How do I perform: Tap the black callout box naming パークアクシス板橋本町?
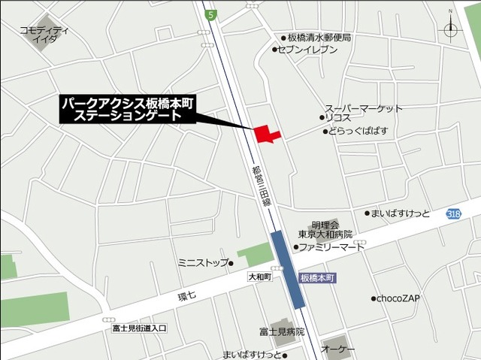[128, 110]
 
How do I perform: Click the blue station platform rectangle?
[288, 268]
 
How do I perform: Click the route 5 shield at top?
[212, 14]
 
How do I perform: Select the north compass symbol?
[451, 29]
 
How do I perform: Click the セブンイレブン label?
[307, 50]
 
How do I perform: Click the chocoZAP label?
[398, 298]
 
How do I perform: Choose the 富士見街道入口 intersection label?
[139, 328]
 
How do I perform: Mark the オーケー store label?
[338, 349]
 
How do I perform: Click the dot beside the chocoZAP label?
[373, 298]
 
